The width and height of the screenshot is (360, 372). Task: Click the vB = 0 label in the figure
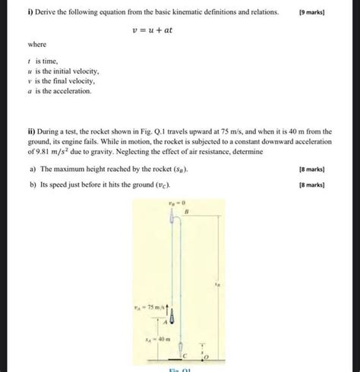coord(177,203)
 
